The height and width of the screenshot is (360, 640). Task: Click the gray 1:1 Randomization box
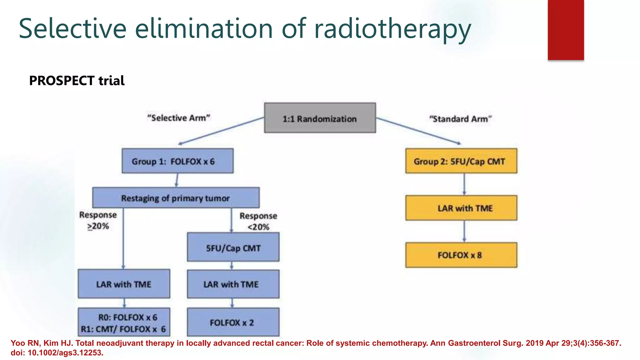pos(320,118)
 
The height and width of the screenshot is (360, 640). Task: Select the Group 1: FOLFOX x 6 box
pos(177,161)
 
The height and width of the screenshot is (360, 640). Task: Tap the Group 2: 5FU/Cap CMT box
pos(461,161)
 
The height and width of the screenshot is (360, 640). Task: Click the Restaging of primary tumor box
pos(176,198)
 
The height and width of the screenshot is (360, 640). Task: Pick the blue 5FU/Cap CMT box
pos(233,247)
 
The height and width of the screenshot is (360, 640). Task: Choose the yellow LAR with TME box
pos(461,208)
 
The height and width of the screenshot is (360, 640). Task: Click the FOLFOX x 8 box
pos(461,255)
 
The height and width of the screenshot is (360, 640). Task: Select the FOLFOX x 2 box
pos(233,322)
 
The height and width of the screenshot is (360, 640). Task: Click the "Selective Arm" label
pos(179,118)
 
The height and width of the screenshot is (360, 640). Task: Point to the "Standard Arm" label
pos(460,119)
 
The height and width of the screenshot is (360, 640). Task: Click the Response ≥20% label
pos(98,220)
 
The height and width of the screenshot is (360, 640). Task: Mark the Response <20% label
pos(258,221)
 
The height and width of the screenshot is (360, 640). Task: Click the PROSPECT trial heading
pos(77,81)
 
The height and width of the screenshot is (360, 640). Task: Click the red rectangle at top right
pos(566,30)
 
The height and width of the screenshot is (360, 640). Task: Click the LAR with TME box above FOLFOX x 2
pos(233,284)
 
